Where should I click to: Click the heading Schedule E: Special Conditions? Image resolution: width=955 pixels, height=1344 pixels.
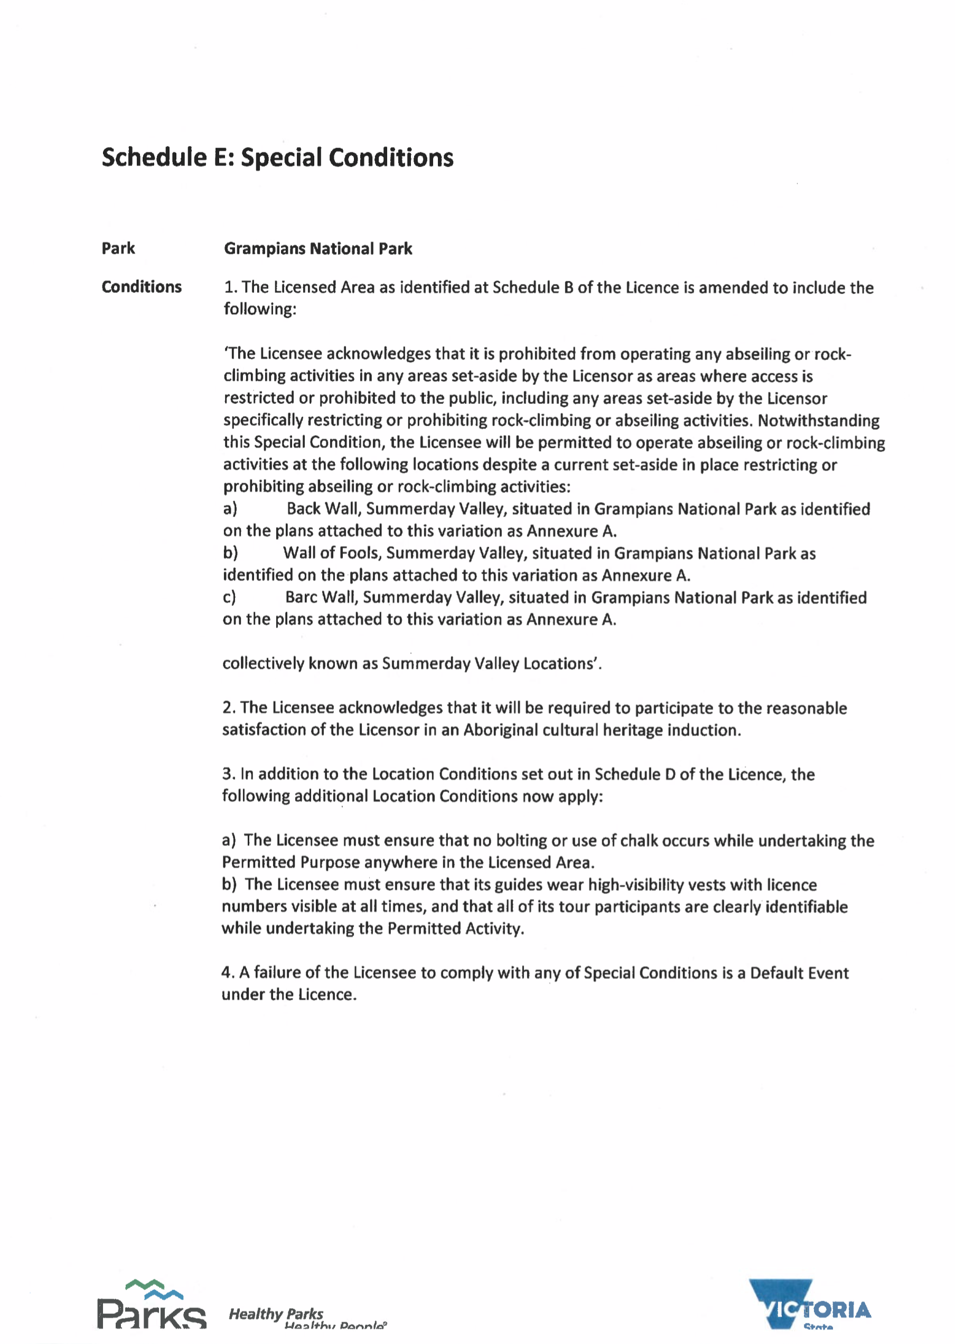point(277,158)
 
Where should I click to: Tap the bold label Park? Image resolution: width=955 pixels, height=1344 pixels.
point(118,248)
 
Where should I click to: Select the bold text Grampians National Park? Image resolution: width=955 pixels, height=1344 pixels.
point(317,249)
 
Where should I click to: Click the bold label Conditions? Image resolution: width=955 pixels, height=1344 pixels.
point(141,287)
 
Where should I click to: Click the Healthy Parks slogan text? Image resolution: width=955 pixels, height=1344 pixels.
point(276,1314)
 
